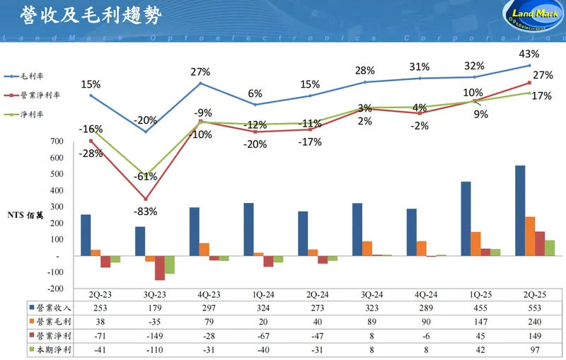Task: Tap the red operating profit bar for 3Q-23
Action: coord(160,267)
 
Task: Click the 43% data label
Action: coord(529,54)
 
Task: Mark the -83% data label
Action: coord(145,211)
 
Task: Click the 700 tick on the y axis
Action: coord(57,141)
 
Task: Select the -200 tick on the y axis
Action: coord(55,288)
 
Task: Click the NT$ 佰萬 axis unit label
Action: coord(26,215)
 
